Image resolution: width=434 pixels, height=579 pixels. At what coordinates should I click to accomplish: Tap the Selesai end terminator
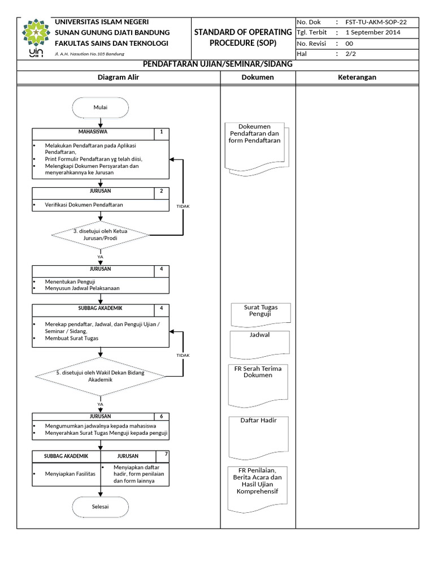tap(101, 506)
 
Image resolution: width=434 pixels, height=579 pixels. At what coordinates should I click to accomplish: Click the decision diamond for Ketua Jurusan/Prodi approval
tap(101, 234)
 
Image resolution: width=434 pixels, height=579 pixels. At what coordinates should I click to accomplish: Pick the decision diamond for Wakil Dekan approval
tap(101, 376)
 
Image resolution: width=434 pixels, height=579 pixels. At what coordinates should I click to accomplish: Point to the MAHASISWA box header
tap(93, 133)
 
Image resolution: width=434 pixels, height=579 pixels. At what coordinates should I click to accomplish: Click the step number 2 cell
tap(161, 192)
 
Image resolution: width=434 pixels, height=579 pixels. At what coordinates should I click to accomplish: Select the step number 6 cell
tap(161, 416)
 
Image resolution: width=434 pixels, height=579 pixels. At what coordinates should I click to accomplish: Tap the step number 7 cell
tap(166, 455)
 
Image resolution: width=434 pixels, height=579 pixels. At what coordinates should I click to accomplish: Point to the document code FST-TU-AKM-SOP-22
tap(375, 23)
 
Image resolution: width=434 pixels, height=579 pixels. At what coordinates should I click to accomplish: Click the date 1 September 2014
tap(372, 33)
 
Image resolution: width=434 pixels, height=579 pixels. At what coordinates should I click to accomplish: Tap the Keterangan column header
tap(357, 77)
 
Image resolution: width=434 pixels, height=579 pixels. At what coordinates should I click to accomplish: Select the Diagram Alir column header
tap(118, 77)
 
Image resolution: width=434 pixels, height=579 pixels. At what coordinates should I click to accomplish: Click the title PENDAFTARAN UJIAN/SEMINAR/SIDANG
tap(218, 64)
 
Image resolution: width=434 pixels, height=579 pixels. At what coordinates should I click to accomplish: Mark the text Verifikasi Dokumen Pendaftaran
tap(84, 204)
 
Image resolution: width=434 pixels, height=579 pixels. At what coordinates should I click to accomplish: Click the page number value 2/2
tap(351, 54)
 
